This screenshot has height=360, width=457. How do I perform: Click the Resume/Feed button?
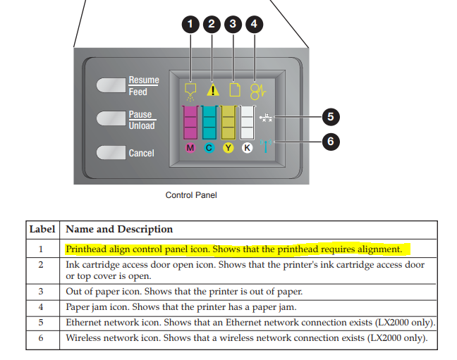point(110,86)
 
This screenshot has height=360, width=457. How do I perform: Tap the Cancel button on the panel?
point(110,153)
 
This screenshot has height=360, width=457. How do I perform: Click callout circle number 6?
point(330,142)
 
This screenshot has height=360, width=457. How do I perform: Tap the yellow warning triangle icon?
point(212,90)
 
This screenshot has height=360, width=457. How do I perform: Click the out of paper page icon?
point(235,90)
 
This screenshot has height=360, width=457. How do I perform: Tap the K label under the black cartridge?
point(247,148)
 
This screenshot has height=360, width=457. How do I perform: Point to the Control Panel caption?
point(190,195)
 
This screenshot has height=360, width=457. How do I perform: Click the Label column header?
point(44,230)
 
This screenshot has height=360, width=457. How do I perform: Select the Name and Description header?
point(118,230)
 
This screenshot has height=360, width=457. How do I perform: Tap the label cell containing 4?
point(41,306)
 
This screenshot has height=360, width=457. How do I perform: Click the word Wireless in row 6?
point(85,337)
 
